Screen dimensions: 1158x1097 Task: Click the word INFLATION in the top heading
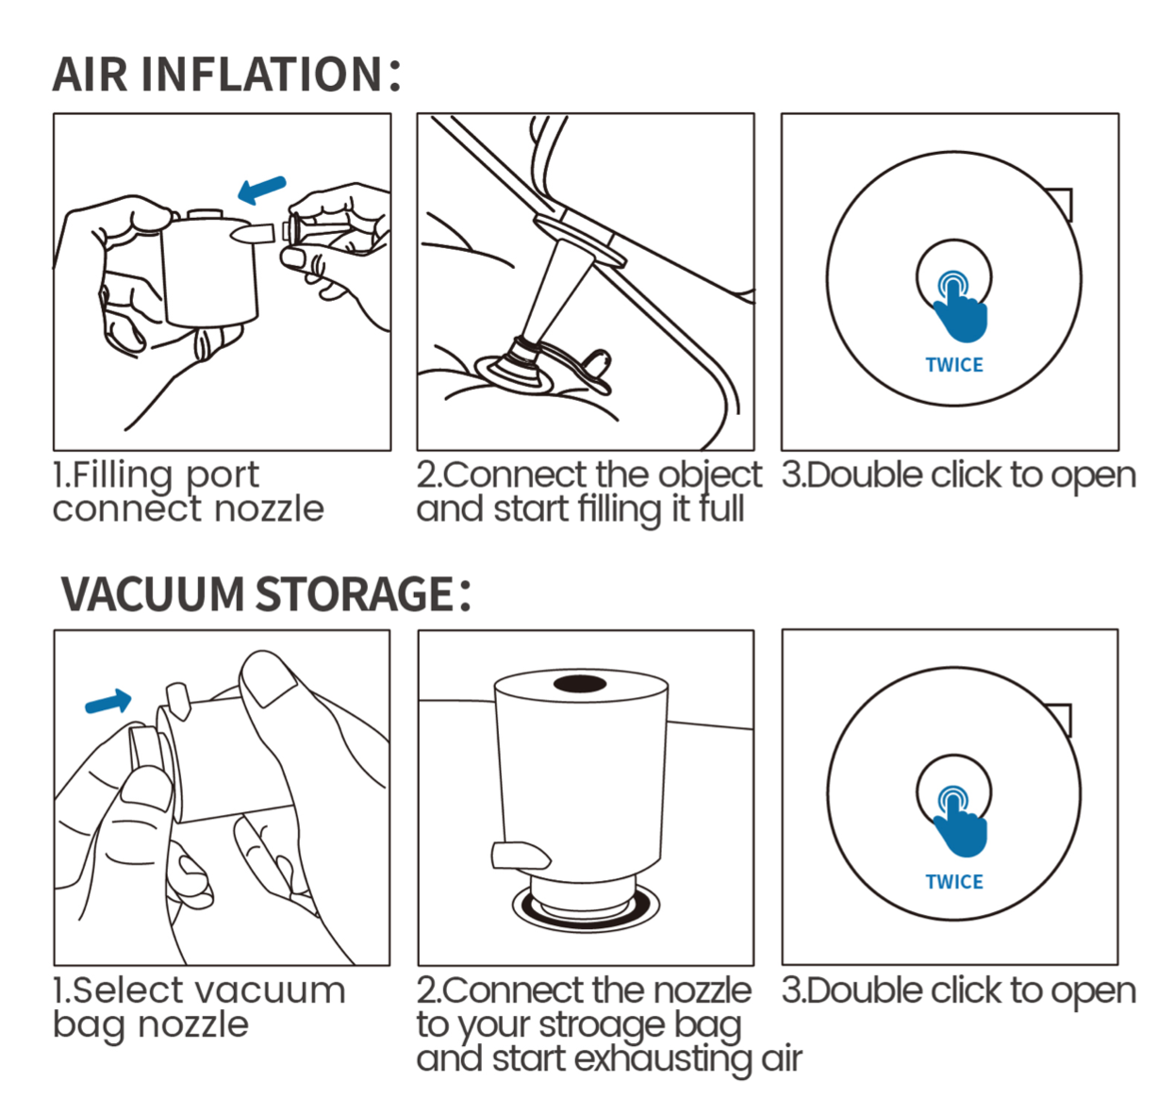pos(261,75)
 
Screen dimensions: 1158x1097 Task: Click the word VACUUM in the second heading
pos(153,593)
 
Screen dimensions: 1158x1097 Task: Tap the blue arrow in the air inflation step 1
pos(262,190)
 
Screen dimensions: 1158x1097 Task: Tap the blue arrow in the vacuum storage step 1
pos(108,702)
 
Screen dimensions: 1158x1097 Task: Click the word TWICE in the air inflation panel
pos(953,365)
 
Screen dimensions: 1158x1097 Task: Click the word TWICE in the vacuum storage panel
pos(953,882)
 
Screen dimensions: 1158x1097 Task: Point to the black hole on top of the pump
pos(580,684)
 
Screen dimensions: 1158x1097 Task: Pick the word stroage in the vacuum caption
pos(603,1026)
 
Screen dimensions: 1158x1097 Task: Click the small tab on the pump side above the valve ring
pos(521,856)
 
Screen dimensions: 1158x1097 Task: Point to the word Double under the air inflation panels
pos(864,475)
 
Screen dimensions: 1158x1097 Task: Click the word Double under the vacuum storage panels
pos(864,991)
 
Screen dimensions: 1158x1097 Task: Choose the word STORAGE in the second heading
pos(355,593)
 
